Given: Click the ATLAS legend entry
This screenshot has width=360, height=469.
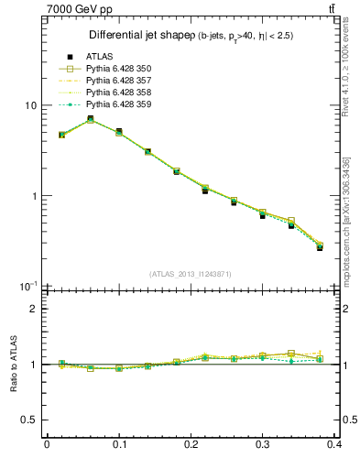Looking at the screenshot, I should tap(98, 57).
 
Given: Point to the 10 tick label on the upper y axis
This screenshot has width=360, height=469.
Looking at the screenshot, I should tap(29, 105).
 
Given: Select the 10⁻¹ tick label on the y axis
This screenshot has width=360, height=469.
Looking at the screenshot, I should tap(27, 285).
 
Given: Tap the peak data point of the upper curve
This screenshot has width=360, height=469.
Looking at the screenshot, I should tap(90, 119).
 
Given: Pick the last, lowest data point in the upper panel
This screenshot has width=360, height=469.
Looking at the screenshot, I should tap(320, 246).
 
